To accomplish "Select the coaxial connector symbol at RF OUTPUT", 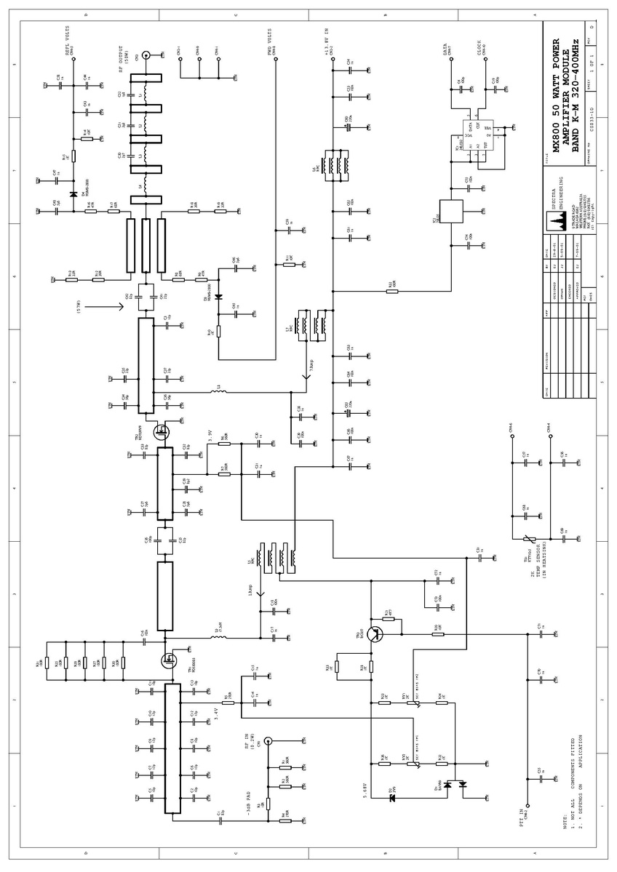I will point(145,55).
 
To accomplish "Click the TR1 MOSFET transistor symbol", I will point(169,660).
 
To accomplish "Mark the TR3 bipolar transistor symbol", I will point(375,634).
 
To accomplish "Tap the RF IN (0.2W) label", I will point(250,747).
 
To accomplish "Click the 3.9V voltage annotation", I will point(209,437).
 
